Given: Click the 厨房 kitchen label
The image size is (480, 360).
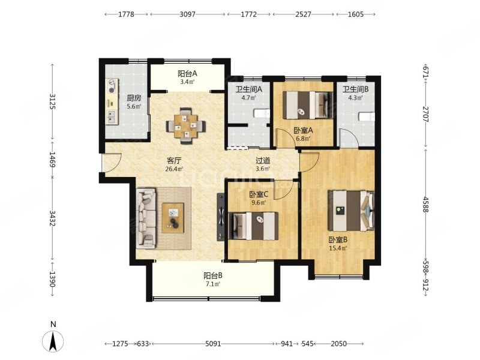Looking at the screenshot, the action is [x=134, y=98].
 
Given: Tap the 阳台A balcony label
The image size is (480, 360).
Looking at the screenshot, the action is [x=187, y=74].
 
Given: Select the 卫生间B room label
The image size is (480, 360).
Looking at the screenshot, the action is [x=355, y=89].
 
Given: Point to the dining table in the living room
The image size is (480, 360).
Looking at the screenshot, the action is [x=186, y=126].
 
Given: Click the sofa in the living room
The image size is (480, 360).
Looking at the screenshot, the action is [x=146, y=218].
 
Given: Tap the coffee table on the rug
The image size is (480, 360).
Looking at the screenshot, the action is [x=173, y=218].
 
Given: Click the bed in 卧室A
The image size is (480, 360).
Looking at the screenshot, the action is [x=307, y=105].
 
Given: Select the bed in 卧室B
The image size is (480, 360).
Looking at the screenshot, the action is [x=351, y=211].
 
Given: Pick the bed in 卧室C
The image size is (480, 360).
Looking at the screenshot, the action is [x=254, y=226].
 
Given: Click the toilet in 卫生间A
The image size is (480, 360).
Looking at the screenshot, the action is [x=262, y=113].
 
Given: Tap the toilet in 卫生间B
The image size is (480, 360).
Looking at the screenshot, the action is [x=367, y=116].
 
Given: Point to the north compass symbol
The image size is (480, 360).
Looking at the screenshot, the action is [x=53, y=341].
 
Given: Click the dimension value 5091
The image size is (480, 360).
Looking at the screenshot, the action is [x=213, y=344].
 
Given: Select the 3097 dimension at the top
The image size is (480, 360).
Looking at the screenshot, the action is [x=187, y=14].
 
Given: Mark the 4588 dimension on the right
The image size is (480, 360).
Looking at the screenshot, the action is [x=425, y=205].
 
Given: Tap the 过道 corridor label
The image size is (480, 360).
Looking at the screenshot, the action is [x=263, y=160].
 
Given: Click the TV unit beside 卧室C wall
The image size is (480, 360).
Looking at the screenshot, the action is [x=221, y=217].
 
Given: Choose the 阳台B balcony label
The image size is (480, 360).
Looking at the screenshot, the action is [x=213, y=276].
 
